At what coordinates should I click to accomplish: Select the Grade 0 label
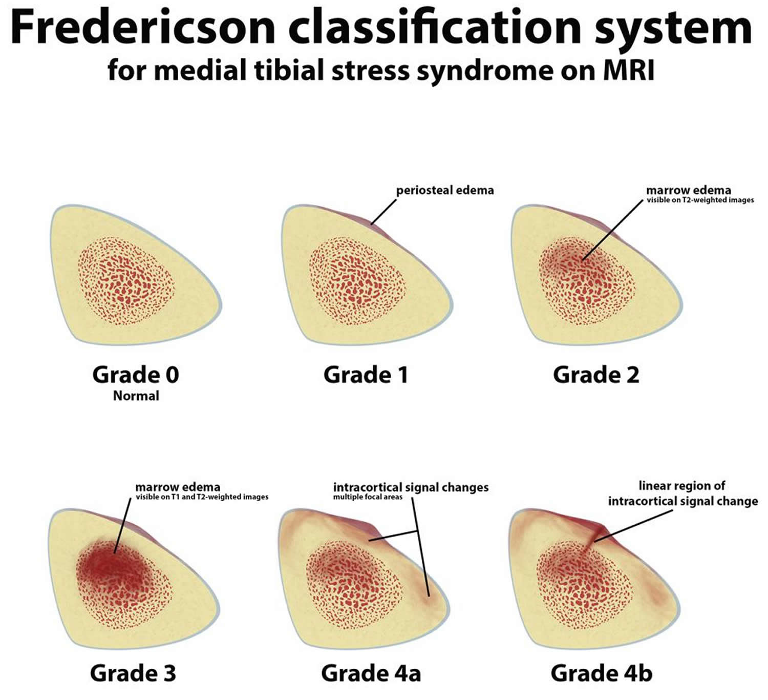click(136, 375)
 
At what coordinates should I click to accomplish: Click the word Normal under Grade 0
click(136, 396)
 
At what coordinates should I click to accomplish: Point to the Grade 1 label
click(366, 375)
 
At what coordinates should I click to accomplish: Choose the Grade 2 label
click(596, 375)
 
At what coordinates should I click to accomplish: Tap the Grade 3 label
click(133, 673)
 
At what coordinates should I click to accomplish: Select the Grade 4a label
click(371, 673)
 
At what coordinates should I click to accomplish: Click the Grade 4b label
click(602, 673)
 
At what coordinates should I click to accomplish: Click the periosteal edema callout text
click(445, 191)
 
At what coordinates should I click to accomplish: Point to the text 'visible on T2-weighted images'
click(700, 200)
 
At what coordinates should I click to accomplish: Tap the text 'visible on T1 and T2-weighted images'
click(202, 497)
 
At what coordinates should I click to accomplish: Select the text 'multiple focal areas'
click(368, 497)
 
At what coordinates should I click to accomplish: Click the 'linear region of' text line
click(682, 486)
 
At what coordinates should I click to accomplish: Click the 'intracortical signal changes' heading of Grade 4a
click(411, 487)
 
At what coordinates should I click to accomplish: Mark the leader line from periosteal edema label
click(383, 212)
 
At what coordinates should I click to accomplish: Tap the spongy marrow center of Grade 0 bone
click(126, 281)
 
